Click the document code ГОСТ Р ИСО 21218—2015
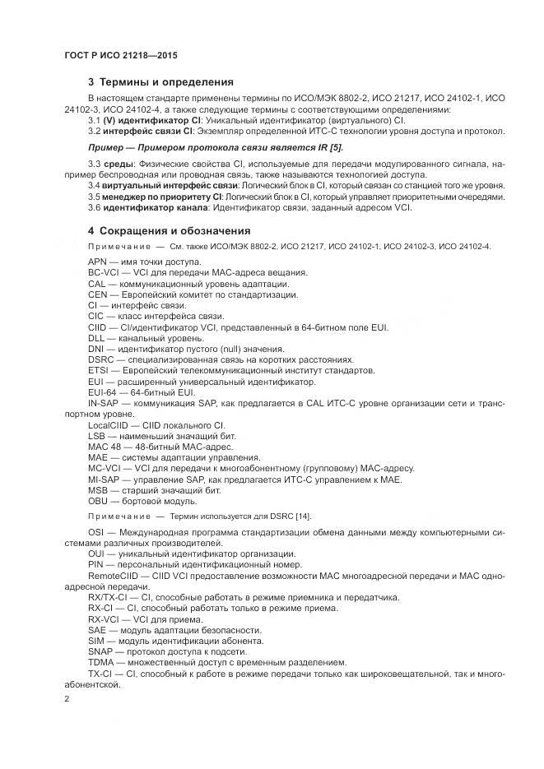tap(120, 56)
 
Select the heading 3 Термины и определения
tap(160, 82)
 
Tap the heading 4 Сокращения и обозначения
tap(169, 231)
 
